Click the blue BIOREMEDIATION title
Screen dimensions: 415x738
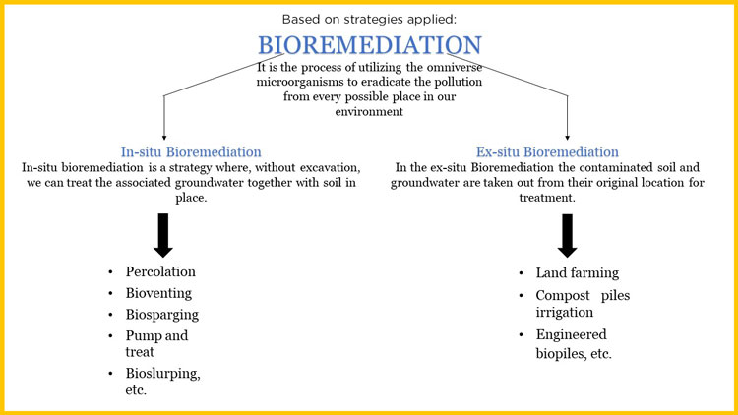(369, 45)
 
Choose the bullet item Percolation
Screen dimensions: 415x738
(160, 271)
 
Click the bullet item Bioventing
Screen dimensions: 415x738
(158, 293)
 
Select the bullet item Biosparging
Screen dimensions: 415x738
(161, 315)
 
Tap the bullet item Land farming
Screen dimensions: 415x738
(578, 272)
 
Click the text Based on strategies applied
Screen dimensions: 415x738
(369, 19)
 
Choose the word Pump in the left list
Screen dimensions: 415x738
(144, 335)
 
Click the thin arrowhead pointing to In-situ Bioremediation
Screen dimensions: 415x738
(163, 137)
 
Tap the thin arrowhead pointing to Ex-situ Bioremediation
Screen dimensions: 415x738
(569, 137)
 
